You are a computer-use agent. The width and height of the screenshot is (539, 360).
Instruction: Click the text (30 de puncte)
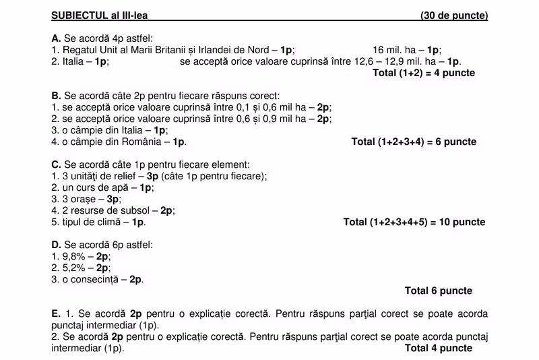point(454,16)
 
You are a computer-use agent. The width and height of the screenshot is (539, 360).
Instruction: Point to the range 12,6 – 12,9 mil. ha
point(399,61)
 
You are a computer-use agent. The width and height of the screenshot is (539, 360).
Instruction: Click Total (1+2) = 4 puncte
point(423,73)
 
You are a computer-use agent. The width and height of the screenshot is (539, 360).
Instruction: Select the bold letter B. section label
point(56,96)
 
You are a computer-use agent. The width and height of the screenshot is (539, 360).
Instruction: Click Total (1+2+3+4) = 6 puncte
point(414,142)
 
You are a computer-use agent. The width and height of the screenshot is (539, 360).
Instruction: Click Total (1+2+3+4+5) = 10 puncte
point(414,222)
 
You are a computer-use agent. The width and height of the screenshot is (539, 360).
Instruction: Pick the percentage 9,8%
point(74,257)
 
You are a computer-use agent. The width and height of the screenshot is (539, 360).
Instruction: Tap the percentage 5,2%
point(74,268)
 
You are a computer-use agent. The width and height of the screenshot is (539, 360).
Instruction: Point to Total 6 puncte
point(438,291)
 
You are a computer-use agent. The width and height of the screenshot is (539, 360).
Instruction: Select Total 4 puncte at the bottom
point(438,349)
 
